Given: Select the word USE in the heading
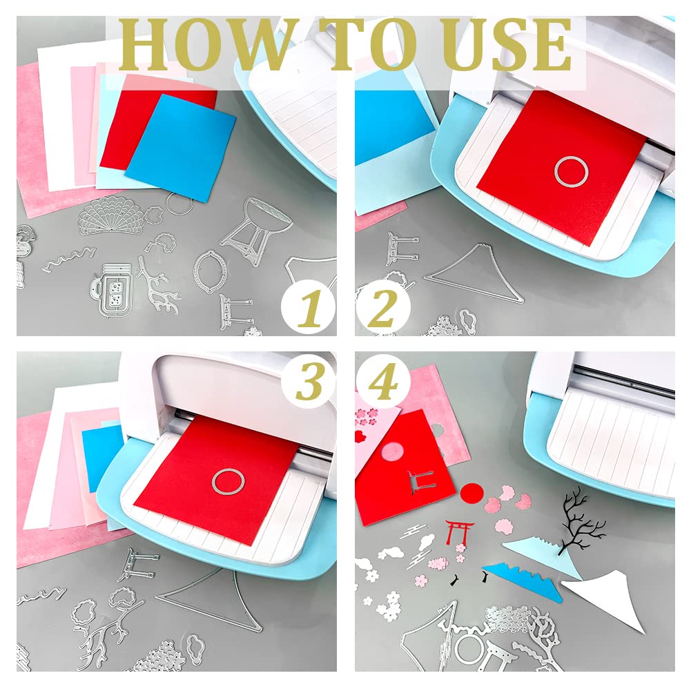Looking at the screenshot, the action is pos(507,44).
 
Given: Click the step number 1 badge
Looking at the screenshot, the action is pos(308,307).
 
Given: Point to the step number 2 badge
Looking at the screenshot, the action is pos(383,307).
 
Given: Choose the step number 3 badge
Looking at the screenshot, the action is pos(309,382).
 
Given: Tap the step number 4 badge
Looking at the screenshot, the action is pos(383,382).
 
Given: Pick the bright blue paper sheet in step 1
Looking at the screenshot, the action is pos(181,148).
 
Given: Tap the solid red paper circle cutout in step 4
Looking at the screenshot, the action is pos(471,493).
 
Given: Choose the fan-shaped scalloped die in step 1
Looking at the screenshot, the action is pos(112,215).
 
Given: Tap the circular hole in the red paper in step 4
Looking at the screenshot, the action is pos(392,454).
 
